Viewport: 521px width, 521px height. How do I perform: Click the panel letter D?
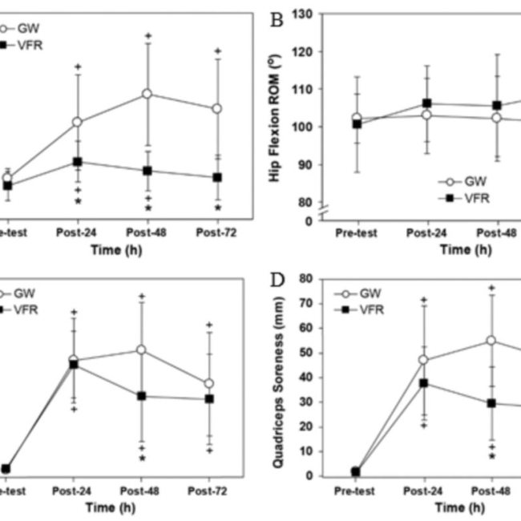click(x=277, y=282)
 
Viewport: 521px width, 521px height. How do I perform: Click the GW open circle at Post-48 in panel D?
click(x=491, y=340)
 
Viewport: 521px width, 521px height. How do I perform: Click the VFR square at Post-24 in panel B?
click(x=426, y=103)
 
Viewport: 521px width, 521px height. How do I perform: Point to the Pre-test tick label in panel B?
click(x=356, y=233)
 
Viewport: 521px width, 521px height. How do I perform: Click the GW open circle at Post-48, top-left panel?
click(x=147, y=94)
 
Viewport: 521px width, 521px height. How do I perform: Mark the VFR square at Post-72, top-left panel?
click(x=218, y=177)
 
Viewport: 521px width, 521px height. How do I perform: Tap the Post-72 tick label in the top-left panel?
click(x=217, y=233)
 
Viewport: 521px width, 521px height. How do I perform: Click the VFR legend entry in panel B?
click(x=473, y=196)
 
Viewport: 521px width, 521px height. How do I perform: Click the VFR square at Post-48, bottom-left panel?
click(x=141, y=396)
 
